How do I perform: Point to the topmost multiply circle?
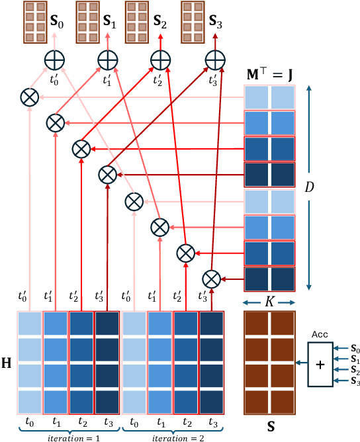point(29,97)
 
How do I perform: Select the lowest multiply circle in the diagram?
point(211,276)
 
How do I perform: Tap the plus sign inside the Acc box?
point(320,363)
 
